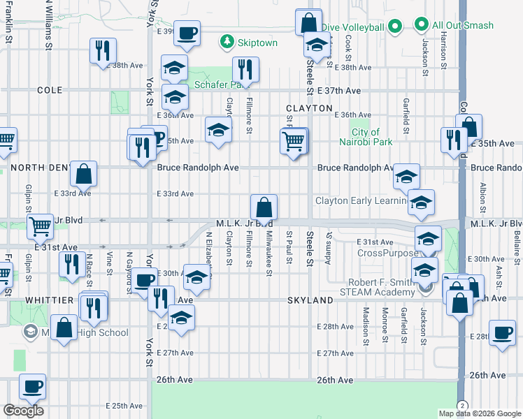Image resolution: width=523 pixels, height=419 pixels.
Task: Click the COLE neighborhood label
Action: [50, 90]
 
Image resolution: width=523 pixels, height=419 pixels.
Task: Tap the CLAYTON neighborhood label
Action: [308, 108]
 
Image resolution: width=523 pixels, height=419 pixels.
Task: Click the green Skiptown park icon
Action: [227, 43]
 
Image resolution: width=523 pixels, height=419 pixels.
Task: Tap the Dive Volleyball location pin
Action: [394, 27]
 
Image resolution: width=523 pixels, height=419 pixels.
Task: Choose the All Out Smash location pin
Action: [421, 25]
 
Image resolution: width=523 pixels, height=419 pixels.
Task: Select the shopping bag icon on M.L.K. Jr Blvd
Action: [264, 207]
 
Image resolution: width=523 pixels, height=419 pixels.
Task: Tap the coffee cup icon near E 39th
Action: [187, 33]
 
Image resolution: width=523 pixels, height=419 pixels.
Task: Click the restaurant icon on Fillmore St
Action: [245, 69]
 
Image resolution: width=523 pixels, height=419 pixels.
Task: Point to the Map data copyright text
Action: [480, 413]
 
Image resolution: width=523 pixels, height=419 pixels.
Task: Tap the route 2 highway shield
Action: [462, 406]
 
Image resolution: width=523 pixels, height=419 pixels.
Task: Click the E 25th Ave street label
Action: [124, 406]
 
